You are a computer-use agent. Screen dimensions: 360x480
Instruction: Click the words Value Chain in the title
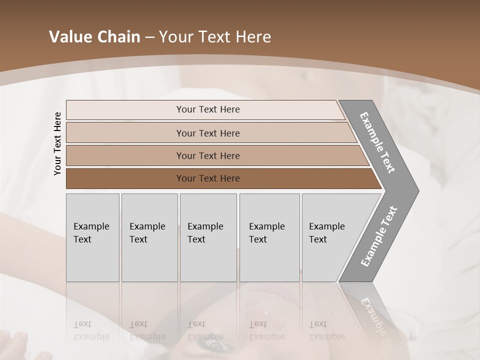[x=94, y=37]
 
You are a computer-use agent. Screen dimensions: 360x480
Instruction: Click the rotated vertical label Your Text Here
[x=57, y=143]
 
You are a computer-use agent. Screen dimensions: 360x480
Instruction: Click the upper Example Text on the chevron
[x=378, y=142]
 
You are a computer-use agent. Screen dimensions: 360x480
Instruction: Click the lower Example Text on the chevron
[x=379, y=236]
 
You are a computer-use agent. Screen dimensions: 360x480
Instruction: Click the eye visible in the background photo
[x=216, y=346]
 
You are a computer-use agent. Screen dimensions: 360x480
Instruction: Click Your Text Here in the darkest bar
[x=208, y=178]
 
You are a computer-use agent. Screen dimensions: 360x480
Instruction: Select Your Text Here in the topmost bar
[x=208, y=109]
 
